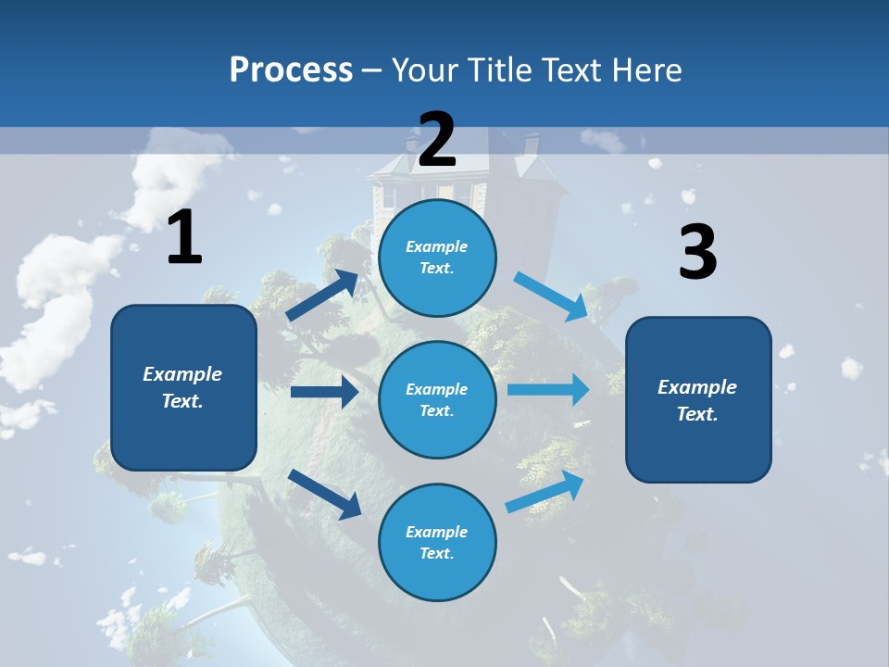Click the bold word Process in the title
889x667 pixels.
291,70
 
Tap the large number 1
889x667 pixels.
184,237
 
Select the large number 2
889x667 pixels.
437,140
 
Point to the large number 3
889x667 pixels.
697,253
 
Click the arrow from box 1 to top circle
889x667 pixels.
322,296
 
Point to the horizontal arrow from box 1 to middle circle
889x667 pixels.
324,392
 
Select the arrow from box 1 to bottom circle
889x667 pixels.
324,493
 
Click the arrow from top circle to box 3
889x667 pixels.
552,296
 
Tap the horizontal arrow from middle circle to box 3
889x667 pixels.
548,389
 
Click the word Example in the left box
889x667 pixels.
182,374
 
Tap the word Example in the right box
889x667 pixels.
697,387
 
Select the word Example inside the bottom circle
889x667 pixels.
437,532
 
